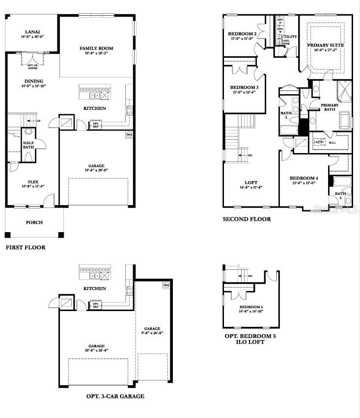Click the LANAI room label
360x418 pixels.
pos(32,31)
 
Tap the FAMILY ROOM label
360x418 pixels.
pos(96,48)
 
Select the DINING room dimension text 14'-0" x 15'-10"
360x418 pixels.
pos(32,87)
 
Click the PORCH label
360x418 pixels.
pos(34,222)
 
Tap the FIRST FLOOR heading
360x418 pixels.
pos(26,247)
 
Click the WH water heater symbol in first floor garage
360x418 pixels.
pos(129,134)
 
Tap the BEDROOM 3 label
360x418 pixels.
pos(244,87)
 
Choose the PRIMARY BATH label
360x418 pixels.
pos(330,107)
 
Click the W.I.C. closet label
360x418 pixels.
pos(332,143)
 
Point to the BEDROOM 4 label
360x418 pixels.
pos(304,178)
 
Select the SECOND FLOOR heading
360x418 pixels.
pos(247,219)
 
